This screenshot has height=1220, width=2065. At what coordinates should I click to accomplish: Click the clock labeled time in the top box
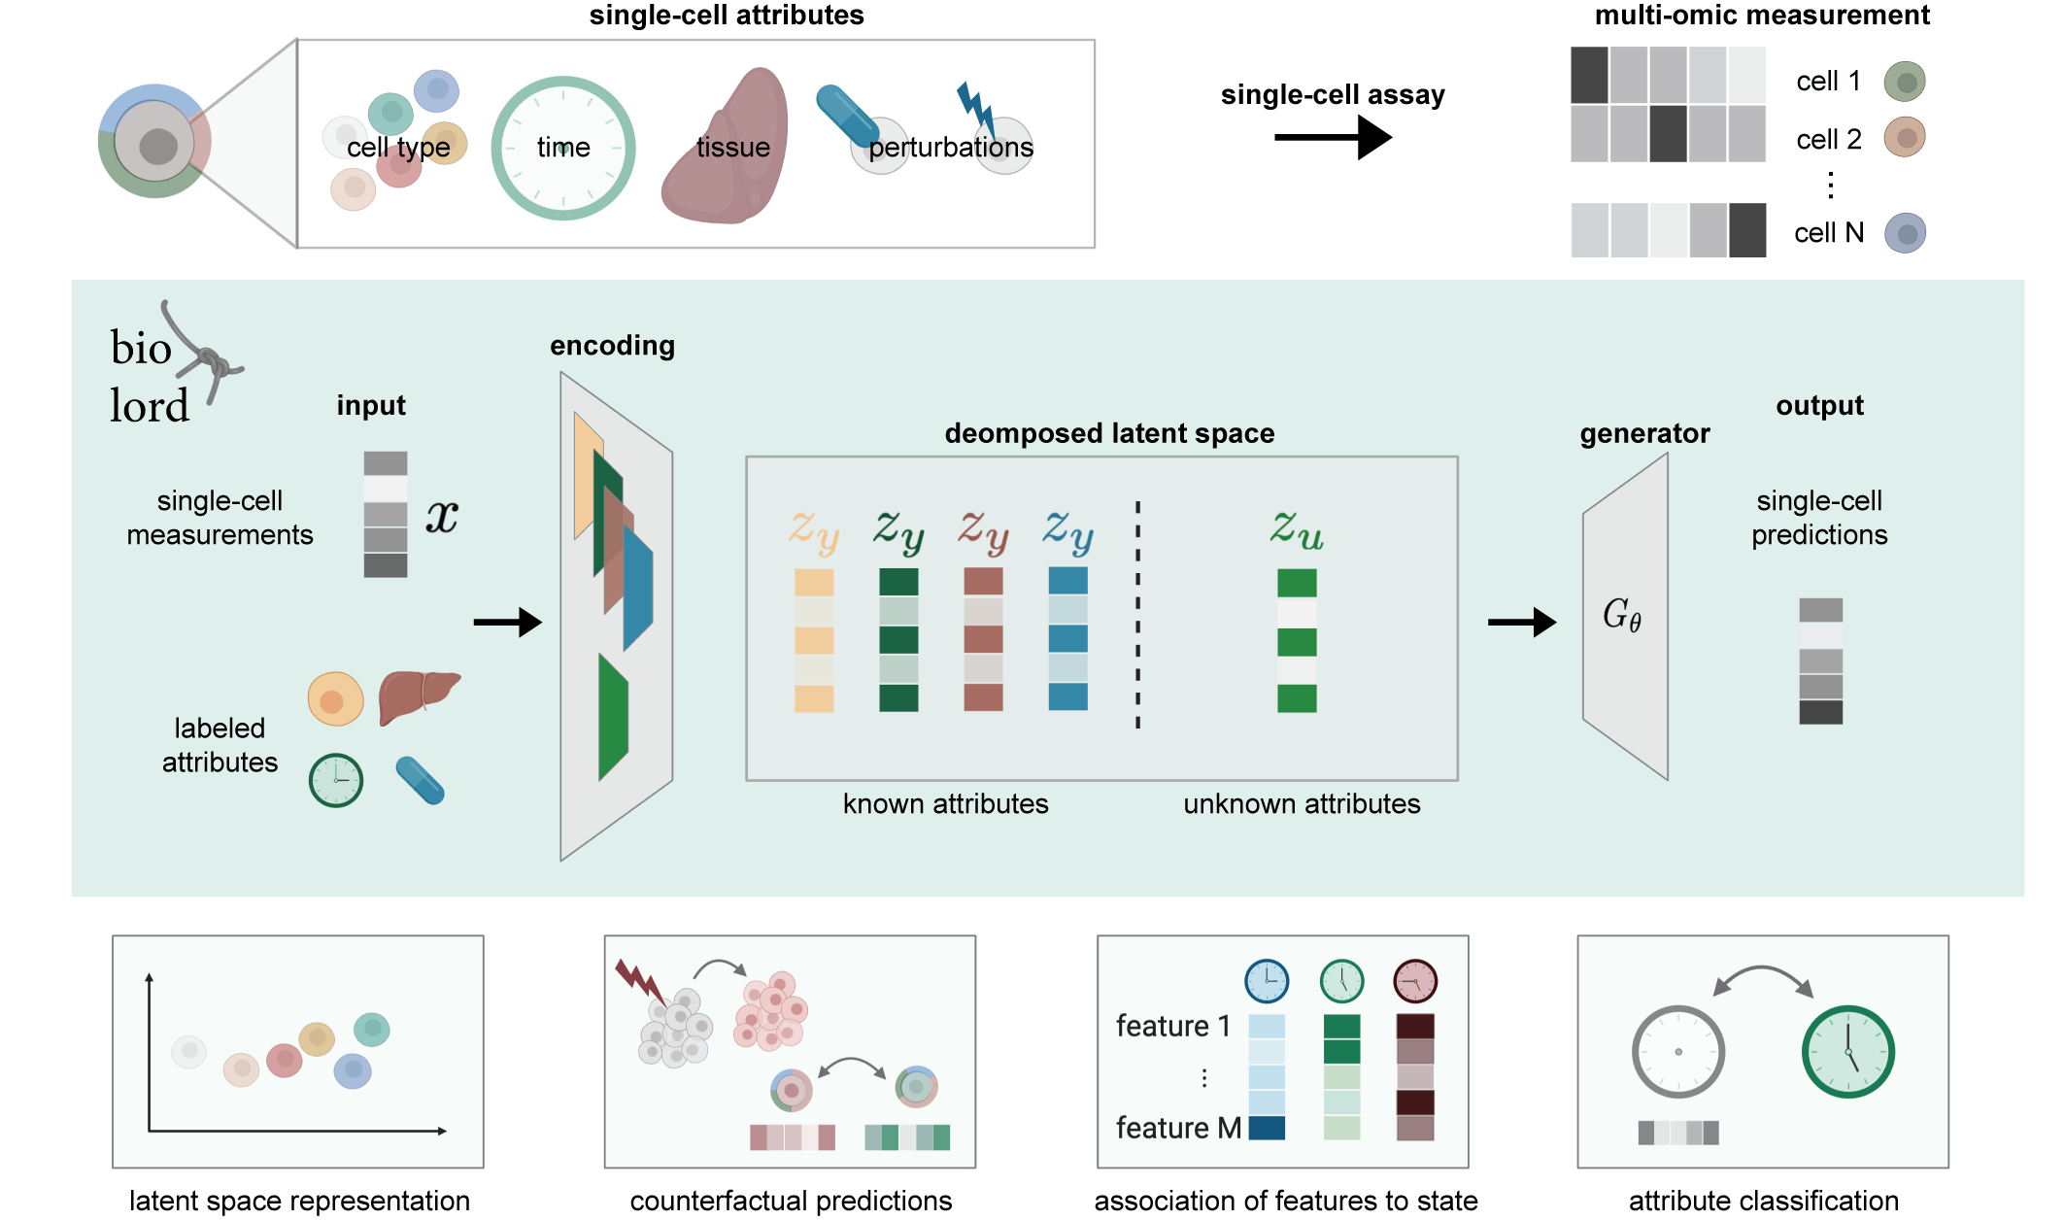point(562,148)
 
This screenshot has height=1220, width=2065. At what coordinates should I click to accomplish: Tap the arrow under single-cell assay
point(1333,137)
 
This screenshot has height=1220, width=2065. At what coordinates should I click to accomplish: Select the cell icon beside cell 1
point(1905,82)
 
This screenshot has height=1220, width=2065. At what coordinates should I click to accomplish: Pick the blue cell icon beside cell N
point(1905,233)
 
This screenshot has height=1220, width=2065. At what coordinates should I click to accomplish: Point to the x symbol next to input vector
point(442,516)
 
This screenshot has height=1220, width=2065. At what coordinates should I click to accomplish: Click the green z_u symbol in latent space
point(1297,529)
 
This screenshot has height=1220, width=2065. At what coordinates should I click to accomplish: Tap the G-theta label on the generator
point(1621,615)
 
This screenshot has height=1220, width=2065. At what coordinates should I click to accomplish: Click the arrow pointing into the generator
point(1521,622)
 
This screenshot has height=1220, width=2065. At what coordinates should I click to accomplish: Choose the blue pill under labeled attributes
point(421,780)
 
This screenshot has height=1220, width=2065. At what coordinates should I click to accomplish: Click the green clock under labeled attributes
point(336,780)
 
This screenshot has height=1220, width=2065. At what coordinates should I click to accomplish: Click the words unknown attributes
point(1302,803)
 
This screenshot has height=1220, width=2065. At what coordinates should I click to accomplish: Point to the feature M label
point(1178,1128)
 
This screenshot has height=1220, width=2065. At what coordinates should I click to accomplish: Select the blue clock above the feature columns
point(1267,981)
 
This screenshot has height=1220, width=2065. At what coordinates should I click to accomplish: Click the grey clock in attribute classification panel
point(1677,1052)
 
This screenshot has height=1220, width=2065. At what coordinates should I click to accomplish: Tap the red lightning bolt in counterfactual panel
point(639,981)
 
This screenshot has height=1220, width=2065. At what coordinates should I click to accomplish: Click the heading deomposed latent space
point(1109,433)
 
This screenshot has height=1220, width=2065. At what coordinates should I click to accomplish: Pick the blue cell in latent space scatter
point(353,1069)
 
